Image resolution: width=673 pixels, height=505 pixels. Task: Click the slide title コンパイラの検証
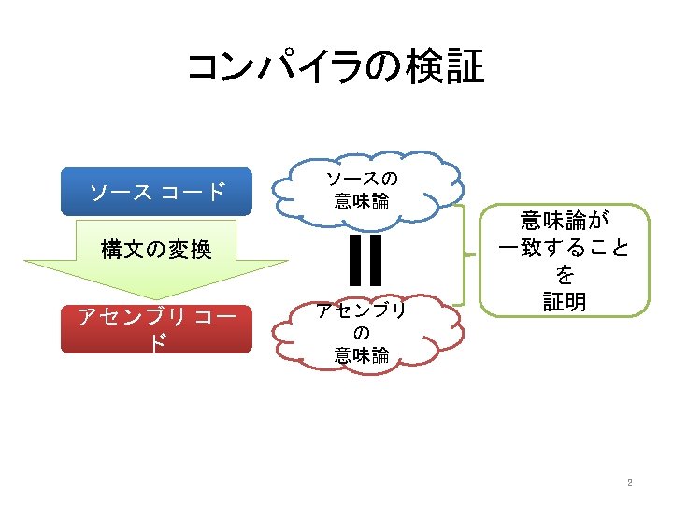click(336, 67)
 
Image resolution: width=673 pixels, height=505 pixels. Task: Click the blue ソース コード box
click(156, 192)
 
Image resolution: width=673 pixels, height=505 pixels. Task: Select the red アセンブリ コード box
click(156, 328)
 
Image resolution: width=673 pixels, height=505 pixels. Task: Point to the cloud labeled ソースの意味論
click(364, 190)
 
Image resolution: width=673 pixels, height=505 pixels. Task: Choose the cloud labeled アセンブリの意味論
click(364, 332)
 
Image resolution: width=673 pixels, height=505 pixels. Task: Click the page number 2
click(630, 483)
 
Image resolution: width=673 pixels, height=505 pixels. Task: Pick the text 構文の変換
click(156, 250)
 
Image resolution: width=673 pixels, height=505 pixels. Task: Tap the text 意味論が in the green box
click(564, 221)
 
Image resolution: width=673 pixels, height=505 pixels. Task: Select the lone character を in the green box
click(564, 275)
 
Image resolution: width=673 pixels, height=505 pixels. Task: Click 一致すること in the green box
click(564, 248)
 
